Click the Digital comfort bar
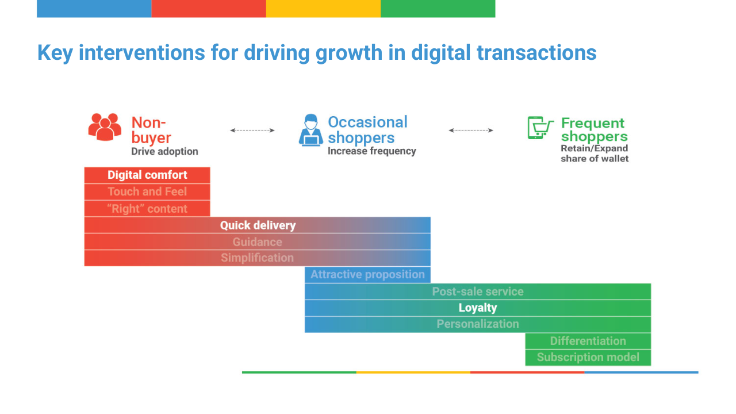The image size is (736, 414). (x=147, y=175)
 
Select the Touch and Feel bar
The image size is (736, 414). (x=147, y=192)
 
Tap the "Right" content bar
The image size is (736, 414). (x=147, y=209)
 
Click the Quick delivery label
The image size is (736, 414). (x=258, y=225)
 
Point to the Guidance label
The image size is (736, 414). (x=257, y=242)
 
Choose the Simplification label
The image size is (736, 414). (x=257, y=258)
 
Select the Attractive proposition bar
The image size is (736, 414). (x=367, y=275)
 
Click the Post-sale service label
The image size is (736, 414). (x=478, y=292)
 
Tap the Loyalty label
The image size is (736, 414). (x=478, y=308)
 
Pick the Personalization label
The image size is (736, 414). (x=478, y=324)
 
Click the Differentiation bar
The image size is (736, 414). (x=588, y=341)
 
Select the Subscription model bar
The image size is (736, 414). (x=588, y=358)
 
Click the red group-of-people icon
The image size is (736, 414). (x=105, y=127)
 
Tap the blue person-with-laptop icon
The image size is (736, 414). (x=311, y=130)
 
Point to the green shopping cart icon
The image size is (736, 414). (x=540, y=128)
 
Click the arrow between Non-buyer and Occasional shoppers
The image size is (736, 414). (x=252, y=131)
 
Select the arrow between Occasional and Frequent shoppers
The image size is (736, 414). (x=471, y=131)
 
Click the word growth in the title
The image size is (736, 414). (x=348, y=53)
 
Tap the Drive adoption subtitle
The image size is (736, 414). (x=164, y=151)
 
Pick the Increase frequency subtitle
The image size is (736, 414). (x=372, y=151)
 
